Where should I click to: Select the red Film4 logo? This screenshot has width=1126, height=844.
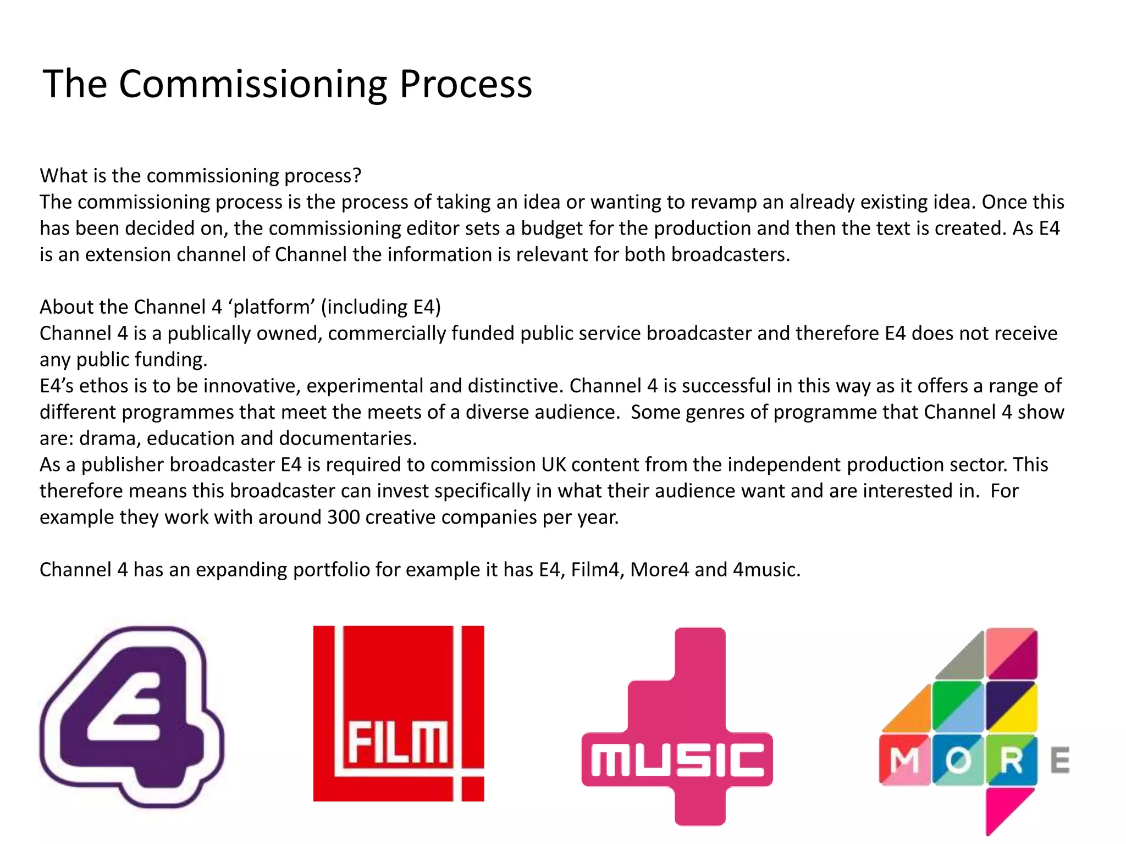[399, 713]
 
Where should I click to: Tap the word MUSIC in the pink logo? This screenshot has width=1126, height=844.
[677, 760]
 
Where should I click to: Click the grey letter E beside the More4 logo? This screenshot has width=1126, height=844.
[1059, 760]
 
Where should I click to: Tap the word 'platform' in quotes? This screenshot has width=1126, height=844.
[271, 307]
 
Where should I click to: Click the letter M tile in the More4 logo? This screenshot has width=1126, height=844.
[904, 760]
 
